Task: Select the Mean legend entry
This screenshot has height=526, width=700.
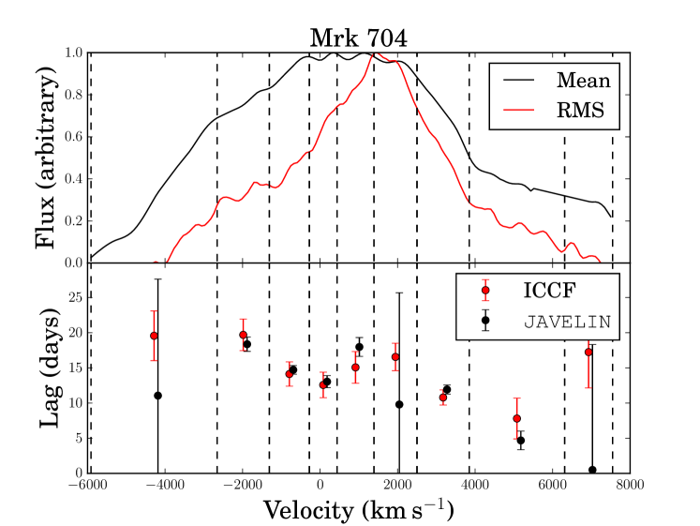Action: click(583, 80)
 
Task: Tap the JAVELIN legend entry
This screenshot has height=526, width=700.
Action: click(566, 321)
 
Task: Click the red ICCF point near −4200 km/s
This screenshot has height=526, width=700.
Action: click(154, 336)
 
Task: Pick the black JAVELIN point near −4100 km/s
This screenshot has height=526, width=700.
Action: click(158, 395)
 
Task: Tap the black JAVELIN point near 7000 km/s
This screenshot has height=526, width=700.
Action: click(592, 470)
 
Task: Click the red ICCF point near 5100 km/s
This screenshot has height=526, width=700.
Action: click(516, 418)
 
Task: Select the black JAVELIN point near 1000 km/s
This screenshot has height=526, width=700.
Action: click(359, 347)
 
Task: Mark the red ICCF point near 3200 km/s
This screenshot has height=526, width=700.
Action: click(443, 398)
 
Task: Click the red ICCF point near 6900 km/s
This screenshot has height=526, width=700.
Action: click(588, 353)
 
